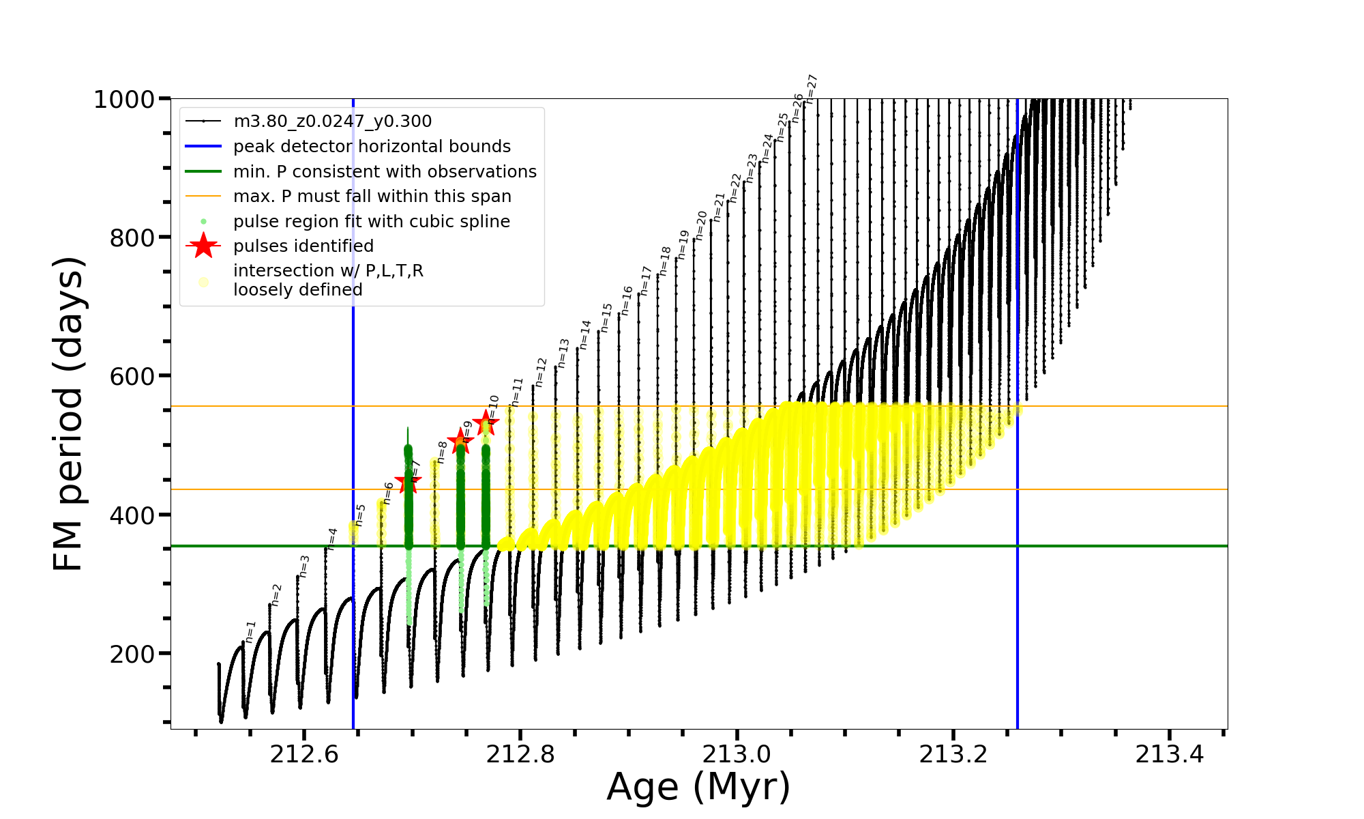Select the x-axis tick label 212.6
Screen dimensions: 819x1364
(304, 754)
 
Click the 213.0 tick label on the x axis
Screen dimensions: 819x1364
(737, 754)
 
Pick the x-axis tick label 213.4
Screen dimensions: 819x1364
(1169, 754)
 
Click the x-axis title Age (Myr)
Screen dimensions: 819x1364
(698, 787)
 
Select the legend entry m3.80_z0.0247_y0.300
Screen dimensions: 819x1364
(332, 121)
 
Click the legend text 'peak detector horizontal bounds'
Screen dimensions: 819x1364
(372, 147)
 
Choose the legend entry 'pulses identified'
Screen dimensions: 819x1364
(303, 246)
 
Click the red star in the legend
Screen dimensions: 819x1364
(203, 246)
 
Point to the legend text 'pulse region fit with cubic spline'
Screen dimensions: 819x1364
(372, 222)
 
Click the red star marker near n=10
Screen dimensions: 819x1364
(486, 422)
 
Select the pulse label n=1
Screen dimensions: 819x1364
(250, 632)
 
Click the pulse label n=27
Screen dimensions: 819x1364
(811, 89)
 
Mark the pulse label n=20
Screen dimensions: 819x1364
(701, 225)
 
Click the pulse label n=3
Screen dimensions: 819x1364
(304, 566)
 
